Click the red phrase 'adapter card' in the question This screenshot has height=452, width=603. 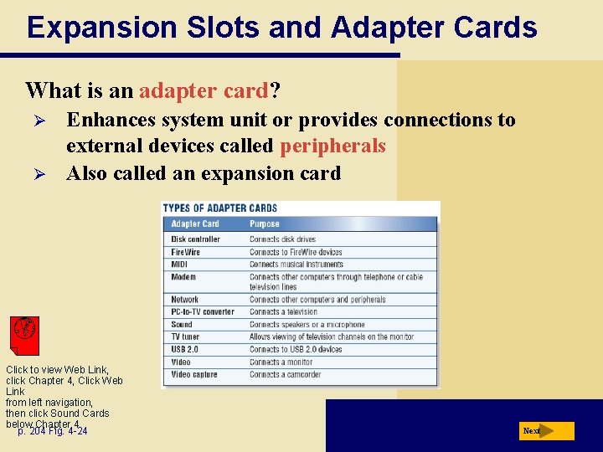204,90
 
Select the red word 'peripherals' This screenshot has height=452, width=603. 332,146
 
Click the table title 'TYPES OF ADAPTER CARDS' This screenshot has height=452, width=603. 219,208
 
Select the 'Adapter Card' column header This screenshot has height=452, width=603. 195,224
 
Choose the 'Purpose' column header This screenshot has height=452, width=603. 265,224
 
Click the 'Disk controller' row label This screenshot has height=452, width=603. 195,239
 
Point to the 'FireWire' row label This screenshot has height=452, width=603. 186,252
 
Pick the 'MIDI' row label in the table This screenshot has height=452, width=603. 180,265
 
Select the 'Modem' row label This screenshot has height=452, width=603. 183,277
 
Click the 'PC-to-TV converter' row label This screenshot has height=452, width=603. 203,312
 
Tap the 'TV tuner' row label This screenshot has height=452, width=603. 186,336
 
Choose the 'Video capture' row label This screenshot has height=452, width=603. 194,374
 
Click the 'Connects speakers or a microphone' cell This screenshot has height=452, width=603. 307,325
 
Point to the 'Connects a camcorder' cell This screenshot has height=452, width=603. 286,374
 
